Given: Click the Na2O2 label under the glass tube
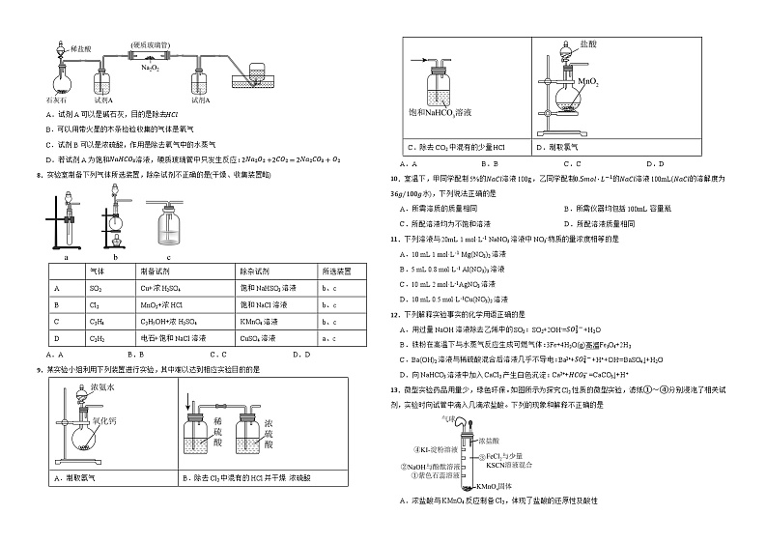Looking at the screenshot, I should coord(150,68).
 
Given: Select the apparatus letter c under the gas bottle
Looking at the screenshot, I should coord(169,256).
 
